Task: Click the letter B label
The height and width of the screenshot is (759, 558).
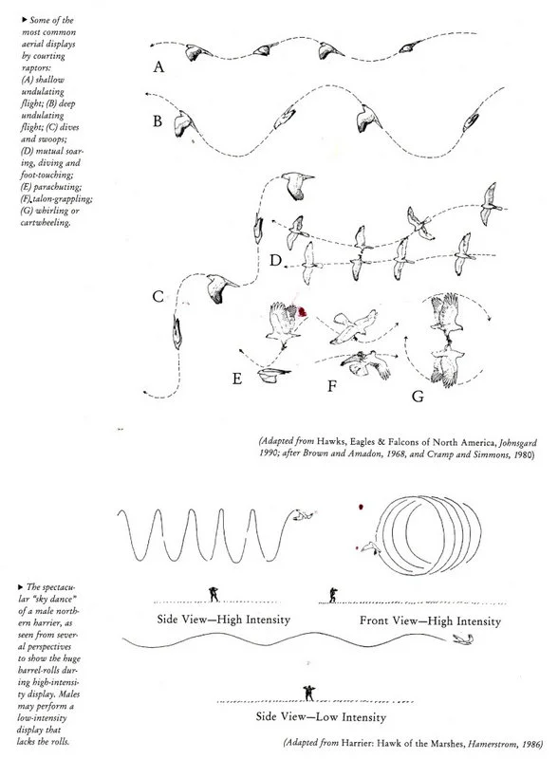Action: click(x=158, y=120)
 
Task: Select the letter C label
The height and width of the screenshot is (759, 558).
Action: click(x=159, y=297)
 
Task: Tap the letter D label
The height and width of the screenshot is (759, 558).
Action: click(x=275, y=260)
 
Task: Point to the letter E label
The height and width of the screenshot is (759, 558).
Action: click(x=239, y=379)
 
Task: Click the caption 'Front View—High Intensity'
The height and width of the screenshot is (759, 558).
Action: click(x=428, y=620)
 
